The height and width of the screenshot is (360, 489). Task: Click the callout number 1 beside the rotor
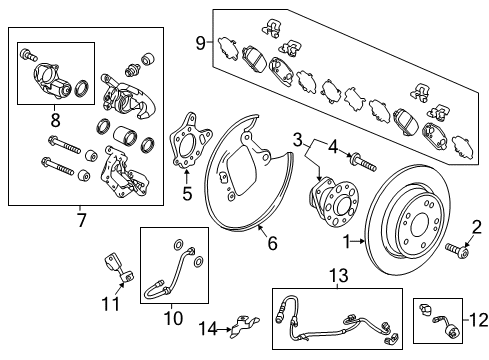(x=348, y=241)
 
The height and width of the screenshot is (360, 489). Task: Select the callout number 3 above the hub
(x=298, y=137)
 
